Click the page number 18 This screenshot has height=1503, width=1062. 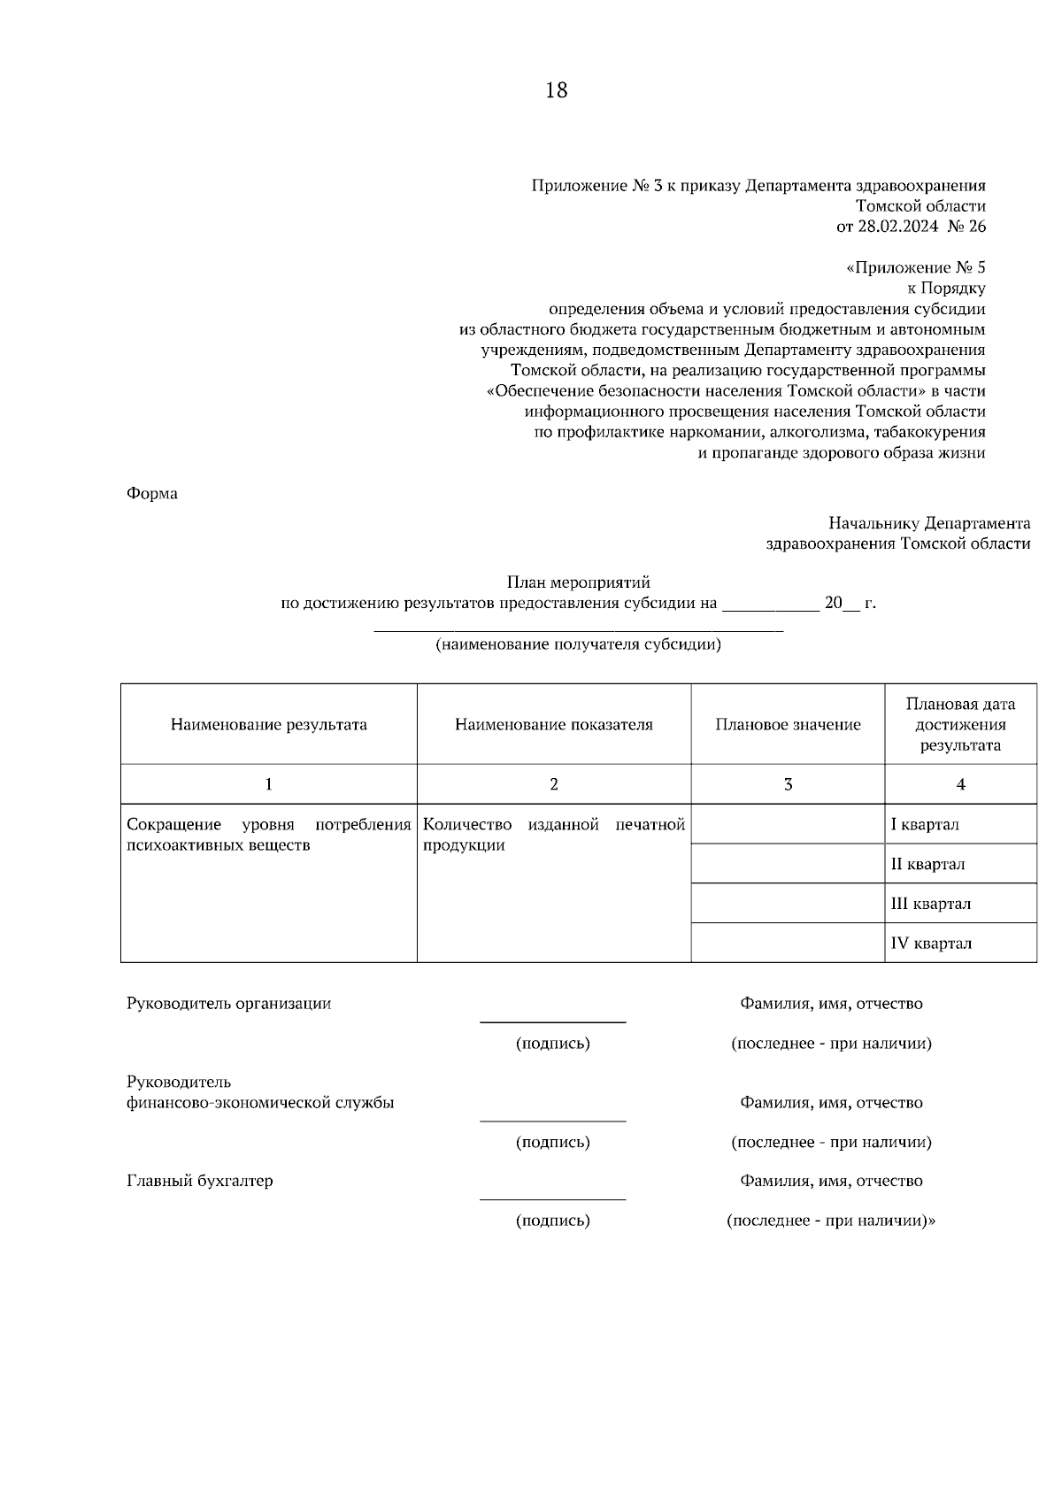(557, 90)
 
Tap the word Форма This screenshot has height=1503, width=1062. (152, 494)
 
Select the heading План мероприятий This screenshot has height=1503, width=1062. (578, 582)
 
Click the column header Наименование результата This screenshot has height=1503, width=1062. (269, 725)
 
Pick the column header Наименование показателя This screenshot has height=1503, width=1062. (554, 725)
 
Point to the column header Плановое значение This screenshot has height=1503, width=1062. (788, 725)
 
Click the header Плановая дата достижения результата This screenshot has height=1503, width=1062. (960, 725)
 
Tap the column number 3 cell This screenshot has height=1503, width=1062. (788, 784)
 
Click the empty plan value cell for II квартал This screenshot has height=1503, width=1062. (788, 864)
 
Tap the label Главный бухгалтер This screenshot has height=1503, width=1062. (200, 1181)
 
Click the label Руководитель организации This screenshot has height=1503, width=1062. (229, 1004)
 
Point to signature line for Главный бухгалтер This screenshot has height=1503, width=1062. (553, 1199)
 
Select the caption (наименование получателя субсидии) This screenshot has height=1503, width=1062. (578, 645)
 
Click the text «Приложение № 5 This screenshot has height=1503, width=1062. (916, 268)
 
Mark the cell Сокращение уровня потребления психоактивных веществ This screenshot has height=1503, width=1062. (269, 835)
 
